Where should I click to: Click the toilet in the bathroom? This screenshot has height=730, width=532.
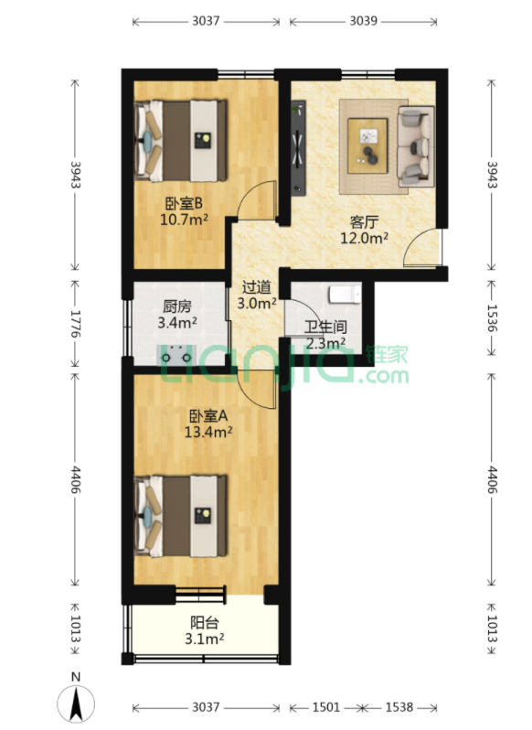click(345, 294)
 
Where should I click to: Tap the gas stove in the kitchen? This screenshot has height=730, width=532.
click(176, 355)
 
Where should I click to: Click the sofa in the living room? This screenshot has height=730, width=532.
click(415, 146)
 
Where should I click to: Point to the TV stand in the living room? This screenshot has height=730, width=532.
click(298, 147)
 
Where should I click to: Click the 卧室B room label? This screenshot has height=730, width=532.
click(184, 203)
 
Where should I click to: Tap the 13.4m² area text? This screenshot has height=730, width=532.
click(208, 432)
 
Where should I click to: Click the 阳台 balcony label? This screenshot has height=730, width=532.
click(205, 622)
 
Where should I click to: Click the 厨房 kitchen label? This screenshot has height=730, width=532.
click(177, 306)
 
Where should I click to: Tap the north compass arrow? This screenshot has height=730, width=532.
click(76, 702)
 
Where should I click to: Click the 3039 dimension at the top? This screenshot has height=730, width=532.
click(363, 21)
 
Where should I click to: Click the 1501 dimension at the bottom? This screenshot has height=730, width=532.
click(325, 707)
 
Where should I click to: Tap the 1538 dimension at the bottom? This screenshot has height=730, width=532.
click(399, 707)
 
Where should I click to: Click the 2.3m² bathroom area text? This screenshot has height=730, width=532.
click(325, 344)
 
